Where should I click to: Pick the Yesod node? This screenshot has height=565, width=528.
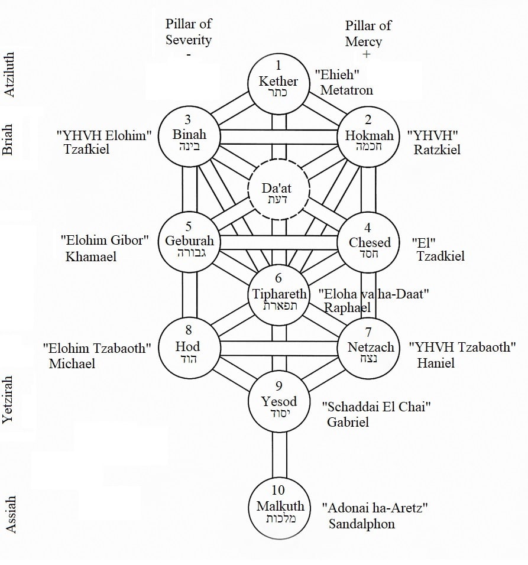click(x=279, y=404)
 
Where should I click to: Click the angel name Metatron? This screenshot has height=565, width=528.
click(x=346, y=90)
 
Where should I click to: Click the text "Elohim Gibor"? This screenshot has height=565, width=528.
click(x=105, y=240)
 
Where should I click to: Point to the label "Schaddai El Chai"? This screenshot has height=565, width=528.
click(x=377, y=407)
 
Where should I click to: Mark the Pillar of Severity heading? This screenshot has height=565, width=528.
click(x=188, y=33)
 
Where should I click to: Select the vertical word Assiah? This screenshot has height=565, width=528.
click(x=10, y=514)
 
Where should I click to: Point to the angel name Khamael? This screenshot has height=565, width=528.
click(x=91, y=256)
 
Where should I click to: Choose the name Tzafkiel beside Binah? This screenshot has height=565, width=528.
click(x=86, y=150)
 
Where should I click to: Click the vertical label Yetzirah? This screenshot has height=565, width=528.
click(x=9, y=400)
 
